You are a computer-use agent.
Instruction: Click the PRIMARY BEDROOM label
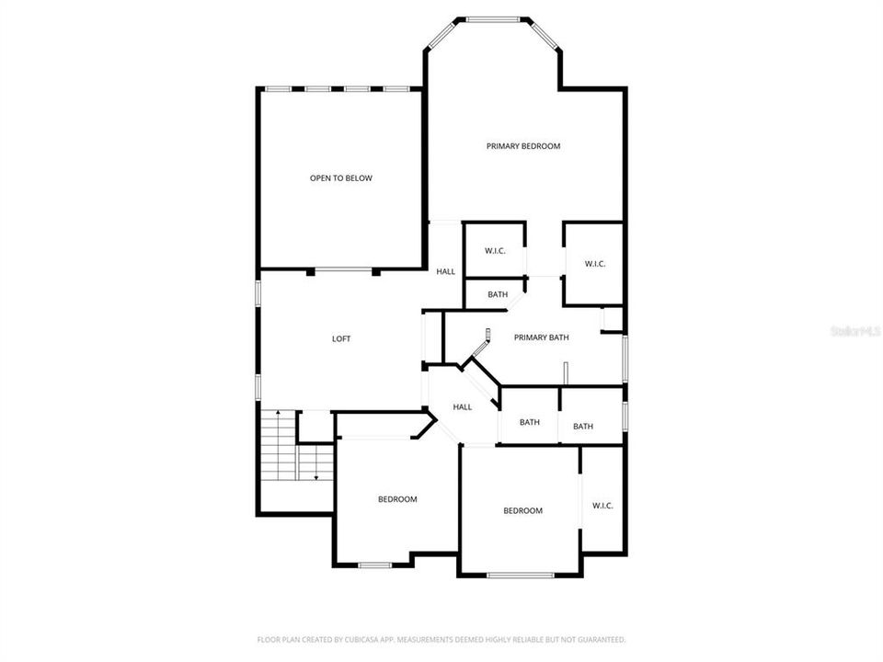[523, 146]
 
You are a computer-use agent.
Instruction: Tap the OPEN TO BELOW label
[340, 178]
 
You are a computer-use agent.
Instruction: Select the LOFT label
[341, 338]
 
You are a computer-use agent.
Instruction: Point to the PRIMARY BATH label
[541, 337]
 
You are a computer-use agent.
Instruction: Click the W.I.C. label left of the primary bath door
[495, 251]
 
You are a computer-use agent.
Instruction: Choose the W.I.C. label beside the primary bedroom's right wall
[595, 265]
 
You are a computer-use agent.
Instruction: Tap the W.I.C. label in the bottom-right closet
[602, 506]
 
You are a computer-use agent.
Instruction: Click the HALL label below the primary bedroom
[446, 271]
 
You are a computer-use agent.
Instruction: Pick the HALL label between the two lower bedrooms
[463, 406]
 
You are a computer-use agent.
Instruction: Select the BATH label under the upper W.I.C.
[498, 295]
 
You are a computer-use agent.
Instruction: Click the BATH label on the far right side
[583, 426]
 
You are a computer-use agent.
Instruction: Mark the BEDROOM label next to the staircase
[397, 499]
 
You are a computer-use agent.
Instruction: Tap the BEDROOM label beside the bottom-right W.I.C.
[522, 510]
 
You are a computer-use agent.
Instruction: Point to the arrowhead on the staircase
[316, 477]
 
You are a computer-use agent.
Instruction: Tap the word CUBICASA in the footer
[351, 639]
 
